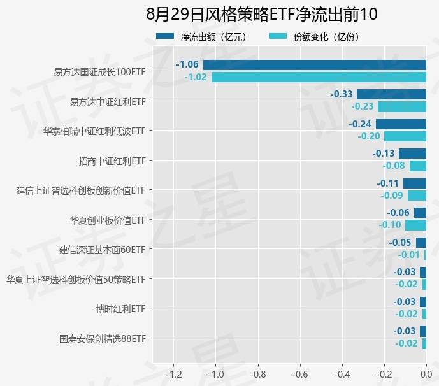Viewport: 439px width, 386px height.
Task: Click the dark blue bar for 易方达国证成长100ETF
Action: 314,64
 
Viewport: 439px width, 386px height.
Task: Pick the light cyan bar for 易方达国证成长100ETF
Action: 319,77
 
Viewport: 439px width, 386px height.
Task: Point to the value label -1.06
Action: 187,64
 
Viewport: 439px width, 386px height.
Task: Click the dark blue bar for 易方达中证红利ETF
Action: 391,94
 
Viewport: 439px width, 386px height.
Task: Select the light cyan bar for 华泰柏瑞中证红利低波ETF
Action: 405,136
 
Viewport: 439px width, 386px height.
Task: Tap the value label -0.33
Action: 342,94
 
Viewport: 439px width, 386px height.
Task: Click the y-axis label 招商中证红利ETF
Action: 112,161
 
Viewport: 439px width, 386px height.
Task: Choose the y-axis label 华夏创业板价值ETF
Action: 108,220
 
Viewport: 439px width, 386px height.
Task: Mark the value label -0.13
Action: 384,154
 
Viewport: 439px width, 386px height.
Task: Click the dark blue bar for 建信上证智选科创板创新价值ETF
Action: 414,183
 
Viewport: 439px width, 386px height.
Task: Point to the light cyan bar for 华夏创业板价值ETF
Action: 415,225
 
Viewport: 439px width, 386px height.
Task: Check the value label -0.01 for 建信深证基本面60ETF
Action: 408,255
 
